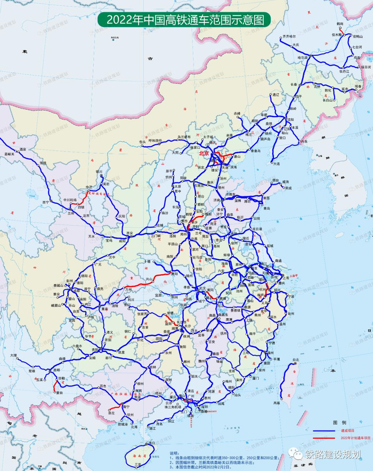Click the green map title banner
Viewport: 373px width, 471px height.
click(x=184, y=20)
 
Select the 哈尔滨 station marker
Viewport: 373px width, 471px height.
click(x=309, y=57)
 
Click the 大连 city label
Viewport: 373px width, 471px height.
click(x=276, y=164)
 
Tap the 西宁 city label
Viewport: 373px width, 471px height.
click(x=45, y=202)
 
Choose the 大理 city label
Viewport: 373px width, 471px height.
click(x=13, y=355)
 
